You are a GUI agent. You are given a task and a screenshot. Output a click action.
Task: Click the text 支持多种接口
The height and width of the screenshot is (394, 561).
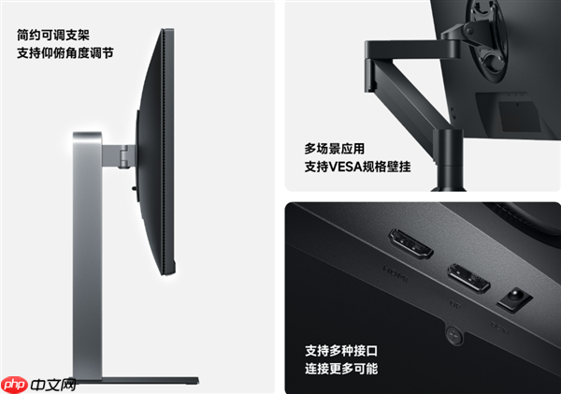[341, 351]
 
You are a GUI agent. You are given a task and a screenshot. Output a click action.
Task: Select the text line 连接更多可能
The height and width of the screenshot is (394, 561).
[341, 370]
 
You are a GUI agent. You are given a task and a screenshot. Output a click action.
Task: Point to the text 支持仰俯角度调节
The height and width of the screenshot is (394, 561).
[65, 53]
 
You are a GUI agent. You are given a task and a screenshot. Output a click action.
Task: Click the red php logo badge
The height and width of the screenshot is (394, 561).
[12, 384]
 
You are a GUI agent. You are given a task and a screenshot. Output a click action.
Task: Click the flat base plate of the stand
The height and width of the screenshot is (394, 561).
[140, 380]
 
